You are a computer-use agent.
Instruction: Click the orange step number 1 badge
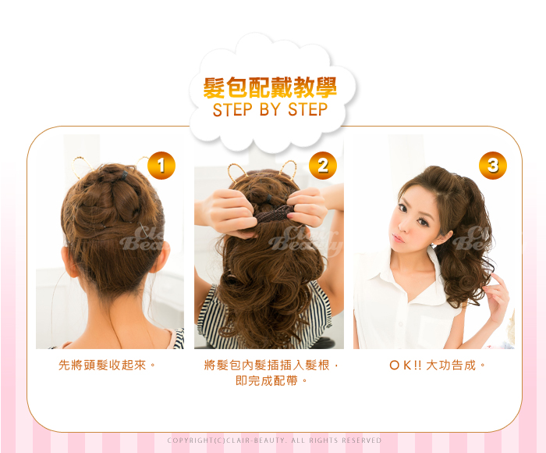161,166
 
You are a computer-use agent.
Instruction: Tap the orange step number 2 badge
323,166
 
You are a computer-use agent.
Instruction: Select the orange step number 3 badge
493,166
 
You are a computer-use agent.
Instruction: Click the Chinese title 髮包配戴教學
270,87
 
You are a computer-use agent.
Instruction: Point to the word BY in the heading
270,109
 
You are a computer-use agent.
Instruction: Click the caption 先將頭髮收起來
107,365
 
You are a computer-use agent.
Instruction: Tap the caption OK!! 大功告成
437,365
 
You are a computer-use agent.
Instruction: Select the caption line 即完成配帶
271,380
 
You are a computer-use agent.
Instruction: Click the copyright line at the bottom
275,441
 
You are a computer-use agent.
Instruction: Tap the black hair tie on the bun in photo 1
124,175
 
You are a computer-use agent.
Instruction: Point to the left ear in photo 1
69,261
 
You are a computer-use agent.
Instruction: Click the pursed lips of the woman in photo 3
397,238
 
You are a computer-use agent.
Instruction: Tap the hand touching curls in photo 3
497,298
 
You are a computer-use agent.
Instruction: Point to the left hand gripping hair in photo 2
227,212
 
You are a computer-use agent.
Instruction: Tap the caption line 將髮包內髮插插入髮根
271,365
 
